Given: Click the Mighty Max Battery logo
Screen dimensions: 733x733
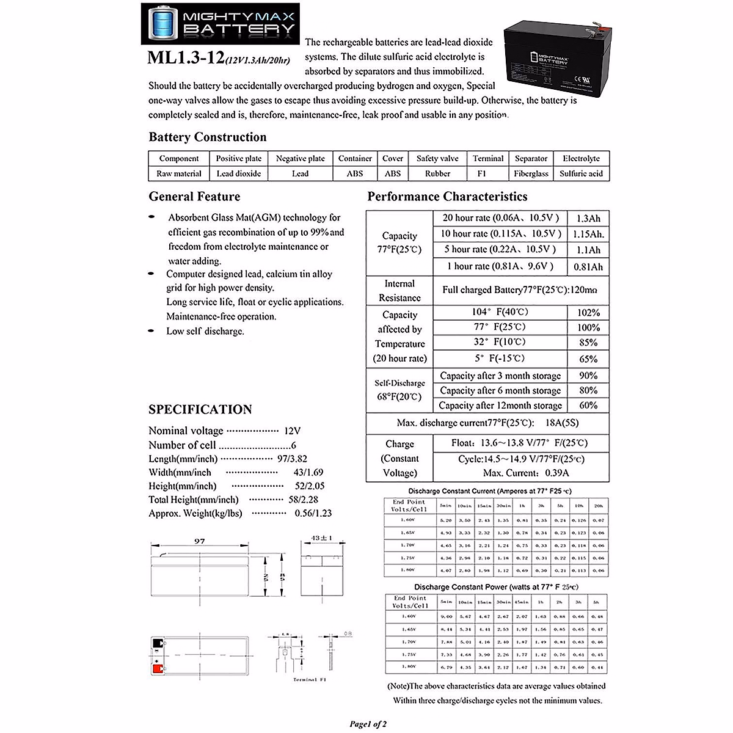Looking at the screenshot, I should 219,24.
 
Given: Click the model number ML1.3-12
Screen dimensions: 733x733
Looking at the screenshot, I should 185,58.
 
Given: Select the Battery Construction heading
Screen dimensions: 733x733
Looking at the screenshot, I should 207,137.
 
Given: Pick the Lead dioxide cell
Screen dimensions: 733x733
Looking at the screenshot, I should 238,173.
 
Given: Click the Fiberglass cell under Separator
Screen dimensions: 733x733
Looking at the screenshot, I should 531,173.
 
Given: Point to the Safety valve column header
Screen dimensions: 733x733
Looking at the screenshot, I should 437,158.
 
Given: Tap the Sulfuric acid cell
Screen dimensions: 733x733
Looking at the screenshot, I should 581,173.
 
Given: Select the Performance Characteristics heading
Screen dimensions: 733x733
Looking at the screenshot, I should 447,196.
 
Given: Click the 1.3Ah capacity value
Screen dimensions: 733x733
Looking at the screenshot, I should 588,218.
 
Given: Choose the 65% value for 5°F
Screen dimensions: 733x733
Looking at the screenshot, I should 588,359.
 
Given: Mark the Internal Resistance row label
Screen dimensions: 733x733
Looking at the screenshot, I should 399,291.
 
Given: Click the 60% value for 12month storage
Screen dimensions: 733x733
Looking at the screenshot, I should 588,405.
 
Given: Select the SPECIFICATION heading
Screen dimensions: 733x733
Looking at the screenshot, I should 200,409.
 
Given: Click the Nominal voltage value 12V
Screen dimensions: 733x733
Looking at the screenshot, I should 292,431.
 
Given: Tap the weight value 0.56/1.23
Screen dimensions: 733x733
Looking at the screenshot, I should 313,513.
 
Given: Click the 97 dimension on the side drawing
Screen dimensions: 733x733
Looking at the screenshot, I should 199,541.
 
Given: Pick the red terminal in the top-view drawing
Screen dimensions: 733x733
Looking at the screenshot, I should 158,669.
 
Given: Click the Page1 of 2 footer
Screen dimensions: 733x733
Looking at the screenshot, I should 368,724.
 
